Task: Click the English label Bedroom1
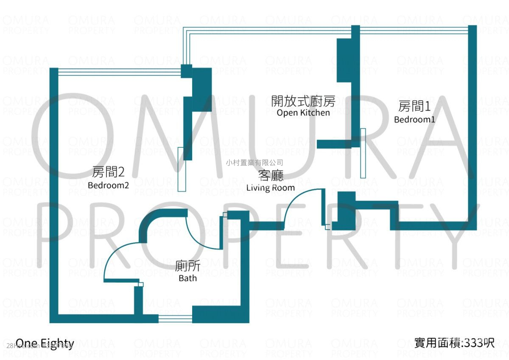click(414, 119)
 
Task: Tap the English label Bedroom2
click(108, 185)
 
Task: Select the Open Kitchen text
click(303, 112)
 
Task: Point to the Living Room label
click(270, 187)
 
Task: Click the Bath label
click(187, 278)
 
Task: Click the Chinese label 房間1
click(414, 106)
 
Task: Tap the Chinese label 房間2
click(108, 172)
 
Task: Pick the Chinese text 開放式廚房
click(303, 101)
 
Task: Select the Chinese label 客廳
click(271, 176)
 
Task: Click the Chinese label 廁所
click(188, 267)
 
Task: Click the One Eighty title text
click(45, 343)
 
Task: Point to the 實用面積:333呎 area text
click(454, 343)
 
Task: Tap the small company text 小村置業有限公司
click(254, 162)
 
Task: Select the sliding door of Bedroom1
click(363, 153)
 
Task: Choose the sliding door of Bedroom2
click(181, 169)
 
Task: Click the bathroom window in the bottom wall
click(175, 319)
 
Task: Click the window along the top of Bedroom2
click(119, 72)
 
